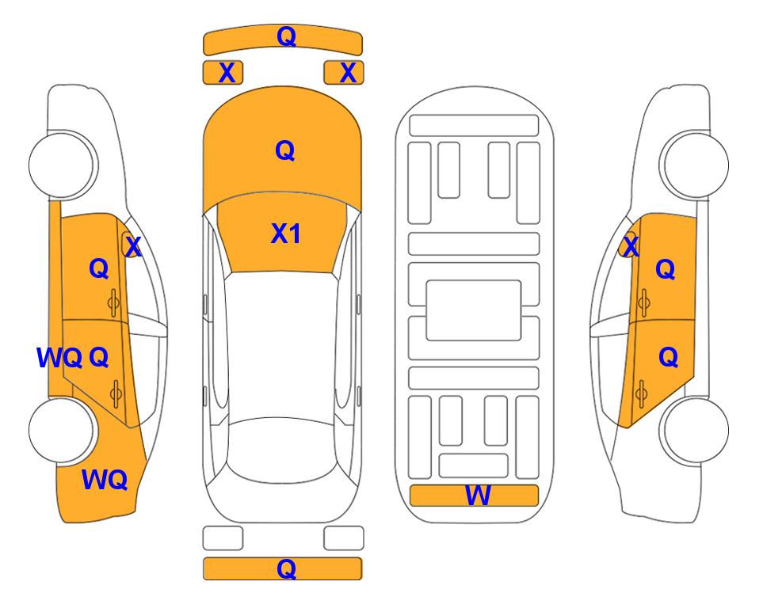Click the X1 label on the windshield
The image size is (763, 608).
(x=286, y=234)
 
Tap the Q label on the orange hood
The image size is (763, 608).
(x=285, y=150)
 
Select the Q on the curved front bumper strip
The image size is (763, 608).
(x=286, y=36)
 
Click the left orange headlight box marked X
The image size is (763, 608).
(x=223, y=73)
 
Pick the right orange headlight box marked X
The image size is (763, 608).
(x=344, y=73)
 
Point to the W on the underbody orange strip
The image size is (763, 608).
(x=478, y=496)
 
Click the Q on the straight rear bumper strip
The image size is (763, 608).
(x=286, y=568)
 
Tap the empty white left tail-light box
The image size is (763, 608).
(x=223, y=538)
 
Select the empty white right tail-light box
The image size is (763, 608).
(x=344, y=538)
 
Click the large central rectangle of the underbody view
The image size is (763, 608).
(x=474, y=310)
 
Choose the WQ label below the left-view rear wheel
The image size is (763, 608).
(x=105, y=480)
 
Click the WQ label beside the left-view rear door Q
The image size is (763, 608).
(x=59, y=358)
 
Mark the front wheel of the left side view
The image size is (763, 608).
(x=63, y=165)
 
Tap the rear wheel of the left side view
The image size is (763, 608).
(x=63, y=431)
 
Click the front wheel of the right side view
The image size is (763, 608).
(x=695, y=165)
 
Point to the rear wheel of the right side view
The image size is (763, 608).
(x=695, y=431)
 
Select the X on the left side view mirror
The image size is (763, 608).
(x=133, y=247)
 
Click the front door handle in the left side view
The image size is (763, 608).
(x=114, y=303)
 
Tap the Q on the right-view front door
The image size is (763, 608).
(x=666, y=269)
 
